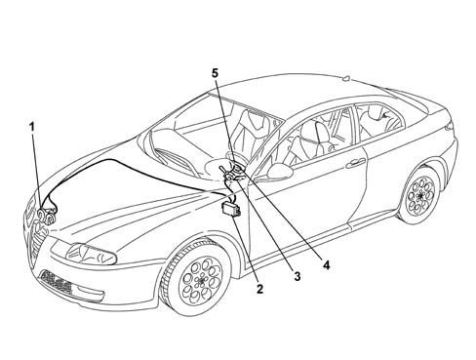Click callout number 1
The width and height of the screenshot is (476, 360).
click(x=32, y=127)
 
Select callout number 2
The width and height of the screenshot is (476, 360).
click(x=259, y=289)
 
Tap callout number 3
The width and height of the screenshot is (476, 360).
click(x=297, y=276)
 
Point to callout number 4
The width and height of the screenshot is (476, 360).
click(x=326, y=265)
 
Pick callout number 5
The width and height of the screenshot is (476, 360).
click(x=216, y=73)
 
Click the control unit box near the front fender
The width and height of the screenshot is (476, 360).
click(x=231, y=209)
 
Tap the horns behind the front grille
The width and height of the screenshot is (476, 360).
click(x=46, y=217)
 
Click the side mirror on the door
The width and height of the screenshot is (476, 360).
click(x=279, y=172)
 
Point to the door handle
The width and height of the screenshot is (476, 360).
click(x=355, y=163)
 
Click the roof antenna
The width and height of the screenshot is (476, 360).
click(x=346, y=78)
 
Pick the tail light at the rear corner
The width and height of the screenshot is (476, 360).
click(x=450, y=125)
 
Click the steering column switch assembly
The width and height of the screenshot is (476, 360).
click(x=231, y=173)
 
